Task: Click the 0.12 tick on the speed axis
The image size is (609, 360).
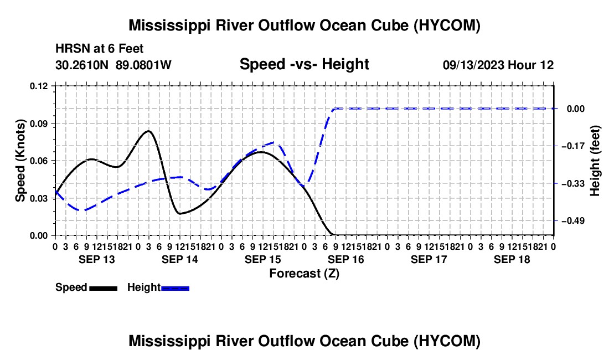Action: [x=38, y=86]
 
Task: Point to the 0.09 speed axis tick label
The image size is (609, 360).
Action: [x=38, y=124]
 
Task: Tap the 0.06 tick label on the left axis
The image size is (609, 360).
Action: [x=38, y=161]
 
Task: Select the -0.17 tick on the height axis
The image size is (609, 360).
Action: [x=573, y=146]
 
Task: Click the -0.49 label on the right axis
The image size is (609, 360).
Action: [x=573, y=221]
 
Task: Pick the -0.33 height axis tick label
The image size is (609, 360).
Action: [x=573, y=183]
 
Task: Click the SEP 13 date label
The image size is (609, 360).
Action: [x=97, y=259]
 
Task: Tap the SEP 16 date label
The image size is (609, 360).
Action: [x=345, y=259]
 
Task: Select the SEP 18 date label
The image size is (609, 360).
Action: [x=512, y=259]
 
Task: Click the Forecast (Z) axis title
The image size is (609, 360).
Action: [x=304, y=274]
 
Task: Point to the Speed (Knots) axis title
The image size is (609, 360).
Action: [x=20, y=161]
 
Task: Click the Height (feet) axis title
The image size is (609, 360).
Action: [x=595, y=161]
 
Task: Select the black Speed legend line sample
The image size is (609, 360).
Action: [x=104, y=288]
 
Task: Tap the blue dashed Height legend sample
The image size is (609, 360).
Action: [x=175, y=288]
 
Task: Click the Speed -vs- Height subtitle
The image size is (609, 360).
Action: [x=304, y=64]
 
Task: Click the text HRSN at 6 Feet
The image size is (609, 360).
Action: [x=100, y=49]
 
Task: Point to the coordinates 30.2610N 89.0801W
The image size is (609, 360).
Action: [x=113, y=65]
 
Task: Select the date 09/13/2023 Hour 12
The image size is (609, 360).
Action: [x=498, y=65]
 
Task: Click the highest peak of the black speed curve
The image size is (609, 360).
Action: [x=148, y=131]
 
